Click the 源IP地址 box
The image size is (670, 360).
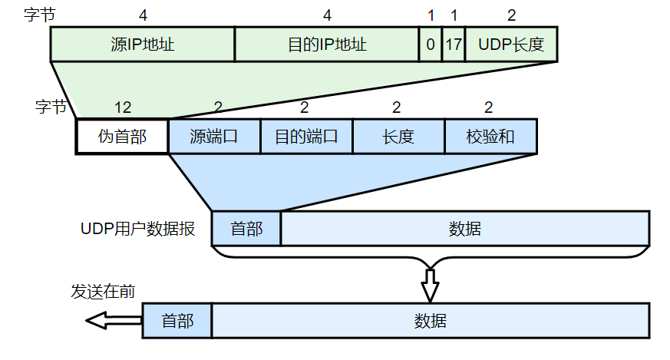tap(142, 45)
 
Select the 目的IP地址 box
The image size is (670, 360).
tap(327, 45)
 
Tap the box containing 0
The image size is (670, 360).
tap(431, 45)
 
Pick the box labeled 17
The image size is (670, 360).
tap(454, 45)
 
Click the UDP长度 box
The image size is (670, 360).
tap(511, 45)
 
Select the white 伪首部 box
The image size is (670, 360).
tap(122, 137)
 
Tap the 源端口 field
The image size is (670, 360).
tap(214, 137)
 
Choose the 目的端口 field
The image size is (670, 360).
tap(306, 137)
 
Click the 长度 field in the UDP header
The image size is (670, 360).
tap(398, 137)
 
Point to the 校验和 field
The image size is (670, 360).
tap(490, 137)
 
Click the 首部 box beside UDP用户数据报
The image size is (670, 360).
tap(246, 229)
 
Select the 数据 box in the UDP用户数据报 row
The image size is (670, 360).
tap(465, 229)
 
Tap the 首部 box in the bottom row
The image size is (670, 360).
tap(177, 320)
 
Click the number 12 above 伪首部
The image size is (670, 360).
tap(122, 107)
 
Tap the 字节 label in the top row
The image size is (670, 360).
tap(40, 15)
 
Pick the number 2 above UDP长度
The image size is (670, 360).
tap(511, 15)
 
